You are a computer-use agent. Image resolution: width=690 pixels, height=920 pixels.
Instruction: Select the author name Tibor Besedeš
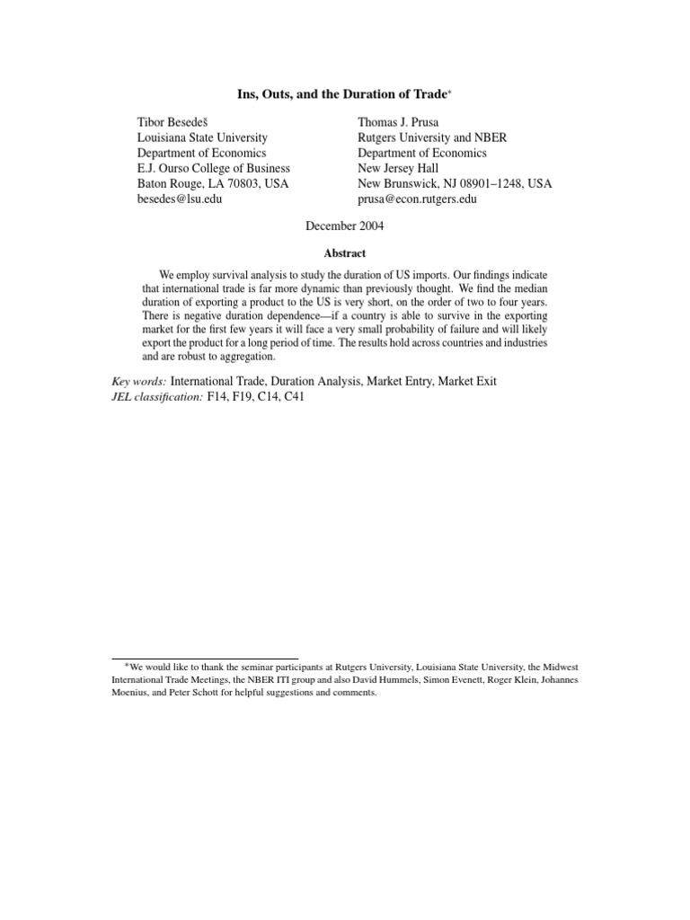point(176,122)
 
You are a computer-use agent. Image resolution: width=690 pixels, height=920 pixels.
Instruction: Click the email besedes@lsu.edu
point(179,199)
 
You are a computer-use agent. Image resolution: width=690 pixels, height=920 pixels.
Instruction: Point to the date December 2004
point(345,226)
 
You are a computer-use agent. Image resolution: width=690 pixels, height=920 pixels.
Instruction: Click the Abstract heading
point(345,253)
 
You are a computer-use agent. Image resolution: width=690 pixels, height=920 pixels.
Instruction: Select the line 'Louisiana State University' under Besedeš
point(202,137)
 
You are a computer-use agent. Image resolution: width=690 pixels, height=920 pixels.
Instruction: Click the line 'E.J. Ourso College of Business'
point(214,168)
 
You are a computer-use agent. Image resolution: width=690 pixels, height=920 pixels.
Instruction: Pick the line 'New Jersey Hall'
point(398,168)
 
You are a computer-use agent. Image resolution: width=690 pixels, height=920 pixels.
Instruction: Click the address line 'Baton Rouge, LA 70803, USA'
point(211,183)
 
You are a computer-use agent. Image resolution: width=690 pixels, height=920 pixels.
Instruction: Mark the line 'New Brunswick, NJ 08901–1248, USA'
point(455,183)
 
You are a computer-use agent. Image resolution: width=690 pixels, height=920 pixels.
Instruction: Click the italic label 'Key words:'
point(137,381)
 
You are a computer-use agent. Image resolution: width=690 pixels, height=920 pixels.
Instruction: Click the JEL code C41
point(292,396)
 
